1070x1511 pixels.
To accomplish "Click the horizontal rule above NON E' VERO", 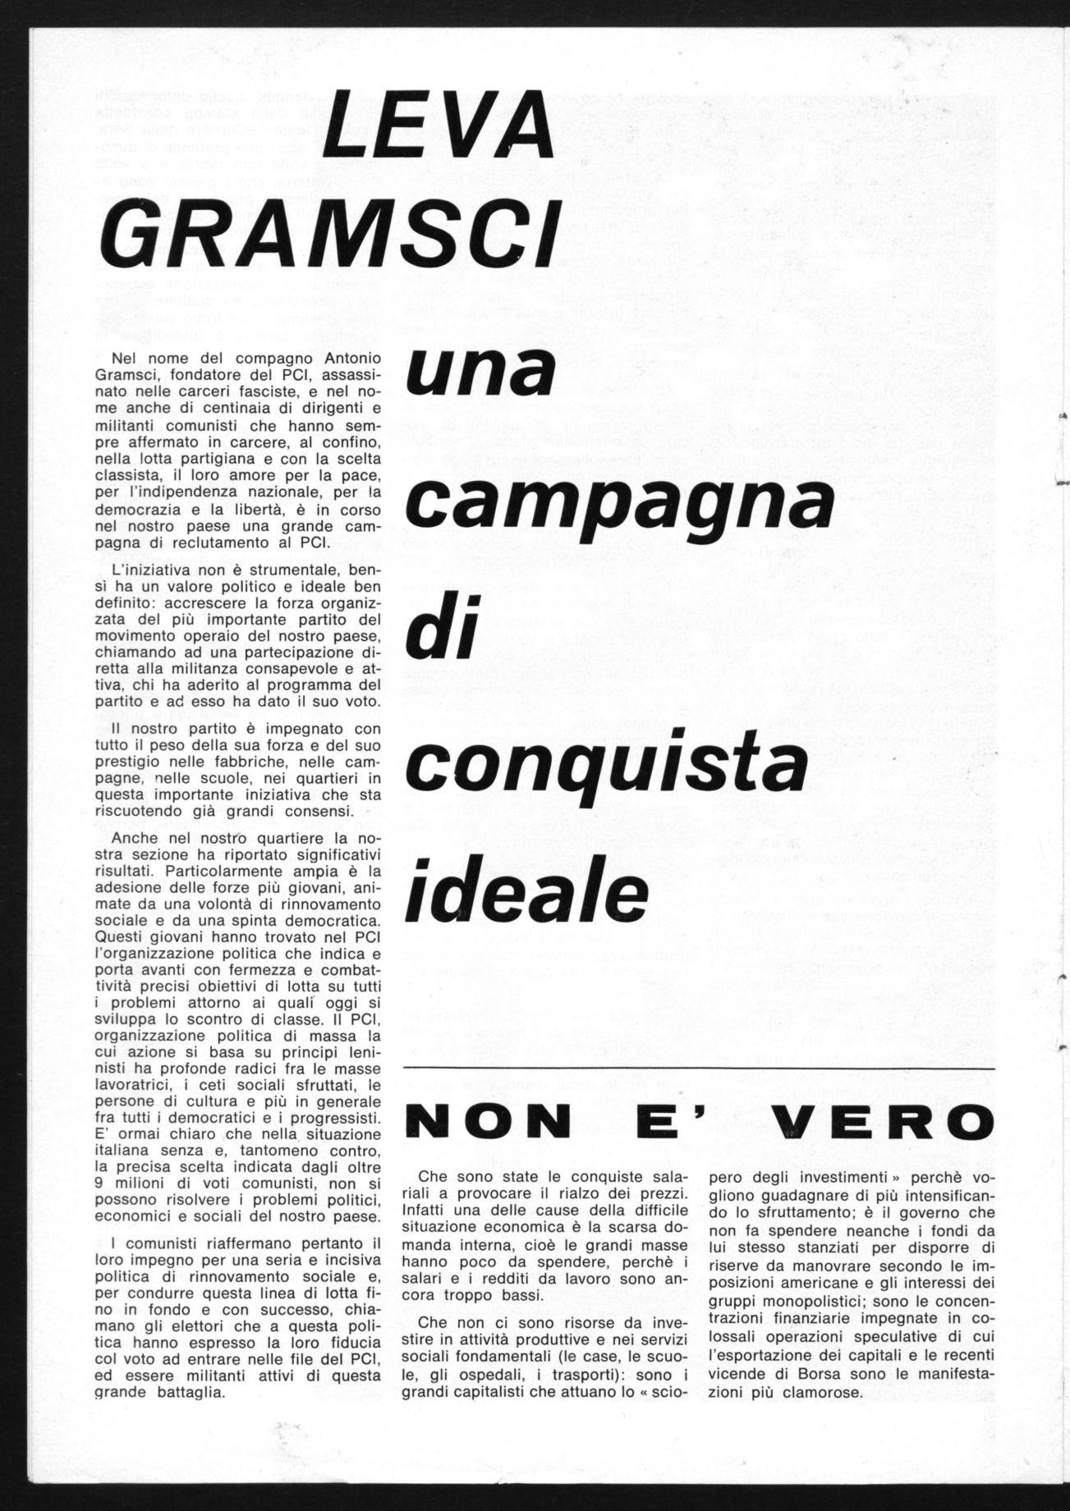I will tap(699, 1069).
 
